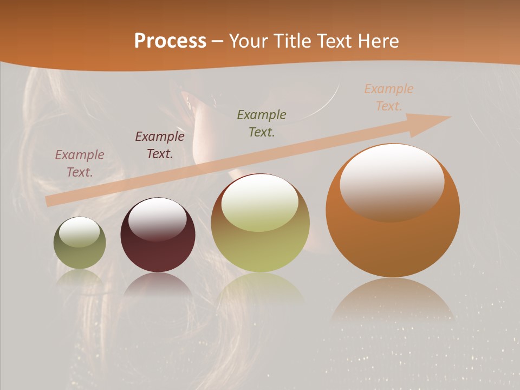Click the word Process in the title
click(x=170, y=41)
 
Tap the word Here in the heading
click(x=377, y=41)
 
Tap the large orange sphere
click(x=393, y=238)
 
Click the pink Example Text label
click(x=80, y=164)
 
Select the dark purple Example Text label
click(x=160, y=145)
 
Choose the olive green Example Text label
click(x=262, y=123)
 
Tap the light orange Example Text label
click(x=389, y=97)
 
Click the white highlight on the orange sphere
click(x=392, y=181)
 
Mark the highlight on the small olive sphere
click(x=79, y=232)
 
